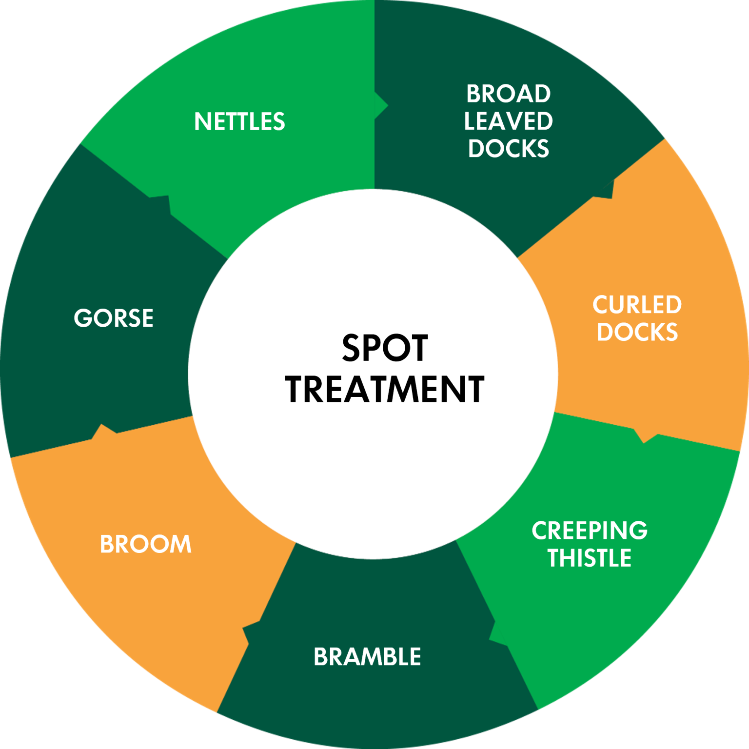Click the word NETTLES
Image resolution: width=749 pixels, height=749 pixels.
(x=239, y=121)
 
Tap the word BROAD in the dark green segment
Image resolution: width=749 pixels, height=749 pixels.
(x=508, y=94)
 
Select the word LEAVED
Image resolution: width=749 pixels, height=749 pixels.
(x=508, y=121)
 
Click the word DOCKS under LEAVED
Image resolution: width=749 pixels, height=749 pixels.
(x=508, y=148)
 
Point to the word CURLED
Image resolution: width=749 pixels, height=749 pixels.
(x=637, y=305)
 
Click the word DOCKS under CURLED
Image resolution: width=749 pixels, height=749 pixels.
(x=637, y=332)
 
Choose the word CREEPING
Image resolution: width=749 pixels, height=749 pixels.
(x=589, y=531)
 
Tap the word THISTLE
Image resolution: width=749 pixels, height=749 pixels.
(x=589, y=558)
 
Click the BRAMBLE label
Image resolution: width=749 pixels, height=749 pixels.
(x=367, y=657)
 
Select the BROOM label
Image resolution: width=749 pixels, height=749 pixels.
(x=145, y=544)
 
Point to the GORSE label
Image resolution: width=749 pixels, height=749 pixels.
(x=114, y=318)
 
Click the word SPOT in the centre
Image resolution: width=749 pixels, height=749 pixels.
(x=385, y=348)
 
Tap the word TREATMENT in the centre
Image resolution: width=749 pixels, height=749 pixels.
(x=385, y=389)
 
